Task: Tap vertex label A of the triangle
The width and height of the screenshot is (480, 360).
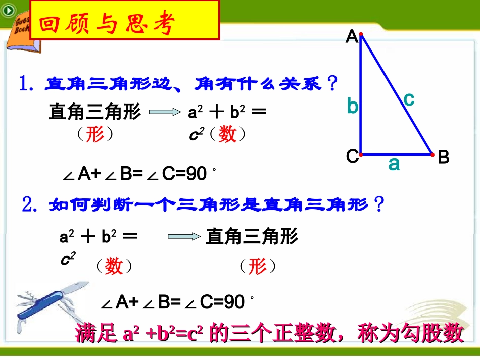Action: pos(352,37)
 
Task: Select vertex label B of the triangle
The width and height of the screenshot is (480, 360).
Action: pos(443,158)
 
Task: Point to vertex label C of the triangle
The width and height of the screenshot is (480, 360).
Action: pos(352,157)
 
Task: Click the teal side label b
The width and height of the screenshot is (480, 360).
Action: pos(352,107)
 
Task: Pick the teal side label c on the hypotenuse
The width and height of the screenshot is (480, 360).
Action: pos(409,99)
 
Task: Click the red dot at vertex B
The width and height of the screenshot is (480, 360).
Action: pos(433,155)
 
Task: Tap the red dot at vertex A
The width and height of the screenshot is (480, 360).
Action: pos(360,34)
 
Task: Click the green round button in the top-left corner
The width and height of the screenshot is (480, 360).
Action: pos(8,10)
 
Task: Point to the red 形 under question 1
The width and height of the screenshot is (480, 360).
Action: pos(94,134)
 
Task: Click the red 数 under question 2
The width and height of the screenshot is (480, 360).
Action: pos(114,266)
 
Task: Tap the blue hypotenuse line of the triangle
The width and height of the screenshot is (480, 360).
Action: pos(397,94)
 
